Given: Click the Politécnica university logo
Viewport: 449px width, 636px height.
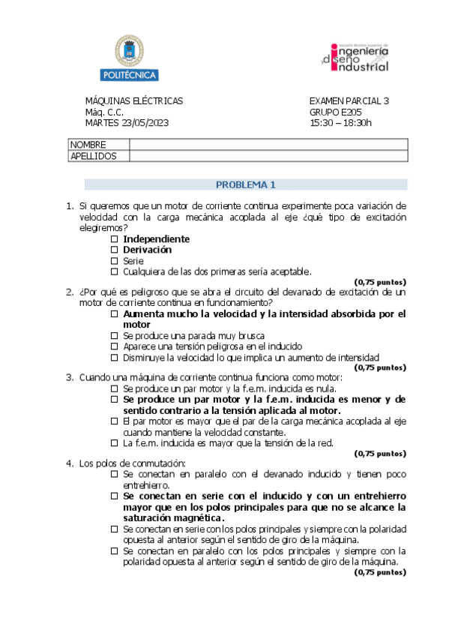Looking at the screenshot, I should [129, 58].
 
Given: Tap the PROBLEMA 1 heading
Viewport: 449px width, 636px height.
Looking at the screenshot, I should [246, 184].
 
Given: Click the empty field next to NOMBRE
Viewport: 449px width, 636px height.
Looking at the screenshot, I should [268, 145].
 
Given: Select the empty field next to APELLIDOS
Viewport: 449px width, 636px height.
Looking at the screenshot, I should [268, 156].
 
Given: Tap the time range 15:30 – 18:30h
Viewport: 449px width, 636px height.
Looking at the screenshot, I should [340, 123].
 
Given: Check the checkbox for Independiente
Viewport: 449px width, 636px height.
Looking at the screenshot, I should [115, 239].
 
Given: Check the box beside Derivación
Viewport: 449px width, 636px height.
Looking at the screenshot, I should [115, 250].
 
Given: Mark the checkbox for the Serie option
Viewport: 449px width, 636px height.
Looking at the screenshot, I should [115, 261].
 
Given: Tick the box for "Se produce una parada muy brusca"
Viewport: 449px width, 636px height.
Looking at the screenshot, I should [115, 336].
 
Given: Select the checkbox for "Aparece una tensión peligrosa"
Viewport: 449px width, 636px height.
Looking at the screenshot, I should [115, 346].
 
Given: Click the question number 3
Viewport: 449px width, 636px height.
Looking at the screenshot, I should [70, 377].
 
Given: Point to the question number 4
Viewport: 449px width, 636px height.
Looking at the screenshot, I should [70, 463].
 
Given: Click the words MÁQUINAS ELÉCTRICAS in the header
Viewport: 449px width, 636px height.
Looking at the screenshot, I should [133, 101].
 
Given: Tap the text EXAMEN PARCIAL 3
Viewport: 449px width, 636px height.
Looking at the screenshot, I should [349, 101].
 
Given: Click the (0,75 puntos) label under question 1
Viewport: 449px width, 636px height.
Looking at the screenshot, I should [380, 282].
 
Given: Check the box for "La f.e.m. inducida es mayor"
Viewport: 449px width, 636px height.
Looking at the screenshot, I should [115, 443].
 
